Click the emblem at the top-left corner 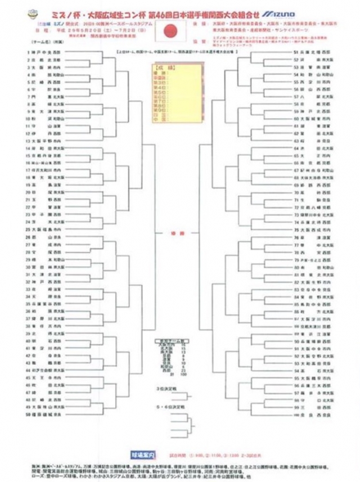tap(18, 11)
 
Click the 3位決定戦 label tap(167, 389)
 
